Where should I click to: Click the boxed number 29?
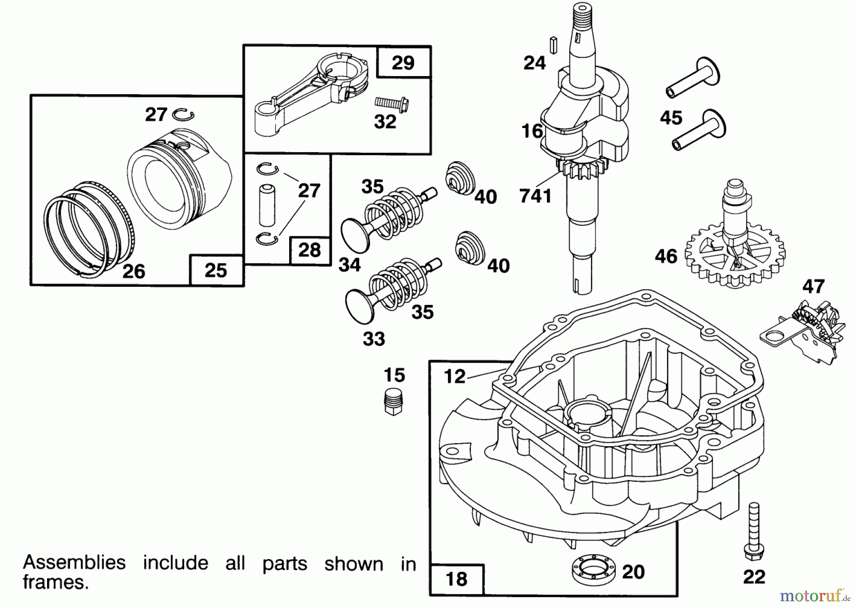pos(403,62)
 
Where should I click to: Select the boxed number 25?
pos(216,270)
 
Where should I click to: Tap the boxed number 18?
pos(456,579)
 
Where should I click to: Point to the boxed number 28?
pos(310,250)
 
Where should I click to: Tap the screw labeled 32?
pos(392,102)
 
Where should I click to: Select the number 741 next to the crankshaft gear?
pos(535,196)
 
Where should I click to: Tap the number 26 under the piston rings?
pos(133,271)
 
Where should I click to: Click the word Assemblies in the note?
pos(74,562)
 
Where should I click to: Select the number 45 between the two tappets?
pos(671,118)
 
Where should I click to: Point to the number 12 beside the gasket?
pos(454,376)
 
